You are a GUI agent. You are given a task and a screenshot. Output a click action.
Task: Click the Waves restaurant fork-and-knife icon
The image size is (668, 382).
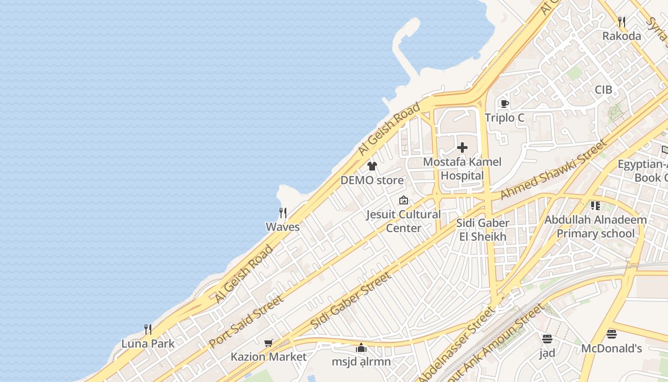[283, 212]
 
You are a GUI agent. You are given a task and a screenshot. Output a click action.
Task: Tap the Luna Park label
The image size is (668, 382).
[148, 343]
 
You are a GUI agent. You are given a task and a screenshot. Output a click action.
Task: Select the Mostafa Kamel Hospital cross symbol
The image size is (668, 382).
[462, 148]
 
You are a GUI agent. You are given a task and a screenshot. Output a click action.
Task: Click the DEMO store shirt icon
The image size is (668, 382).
[372, 166]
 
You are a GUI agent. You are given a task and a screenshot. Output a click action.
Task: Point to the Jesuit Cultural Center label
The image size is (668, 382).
[403, 221]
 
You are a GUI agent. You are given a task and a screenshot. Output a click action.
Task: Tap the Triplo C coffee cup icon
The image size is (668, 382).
[504, 104]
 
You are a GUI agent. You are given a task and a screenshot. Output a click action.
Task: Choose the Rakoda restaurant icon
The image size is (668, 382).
[621, 22]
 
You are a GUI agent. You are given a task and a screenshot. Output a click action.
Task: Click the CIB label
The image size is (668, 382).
[603, 90]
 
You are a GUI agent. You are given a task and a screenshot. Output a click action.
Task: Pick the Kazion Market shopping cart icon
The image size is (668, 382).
[269, 343]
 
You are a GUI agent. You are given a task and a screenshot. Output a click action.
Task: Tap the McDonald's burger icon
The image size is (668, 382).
[612, 334]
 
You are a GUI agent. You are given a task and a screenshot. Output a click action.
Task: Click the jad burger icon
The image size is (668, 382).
[547, 339]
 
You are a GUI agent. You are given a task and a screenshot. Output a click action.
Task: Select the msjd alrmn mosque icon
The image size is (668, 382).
[361, 348]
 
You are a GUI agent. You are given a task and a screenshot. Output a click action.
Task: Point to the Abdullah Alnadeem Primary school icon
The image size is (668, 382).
[595, 206]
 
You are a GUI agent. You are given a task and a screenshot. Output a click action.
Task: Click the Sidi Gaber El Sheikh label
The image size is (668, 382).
[482, 230]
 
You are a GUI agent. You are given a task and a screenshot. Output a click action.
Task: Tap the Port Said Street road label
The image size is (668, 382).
[246, 321]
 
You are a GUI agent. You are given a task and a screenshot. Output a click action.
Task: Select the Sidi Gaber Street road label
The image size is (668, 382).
[351, 300]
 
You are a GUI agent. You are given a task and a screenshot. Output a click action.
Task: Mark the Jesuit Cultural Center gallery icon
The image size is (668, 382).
[404, 200]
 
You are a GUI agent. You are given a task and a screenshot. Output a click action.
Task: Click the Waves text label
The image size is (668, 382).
[282, 227]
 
